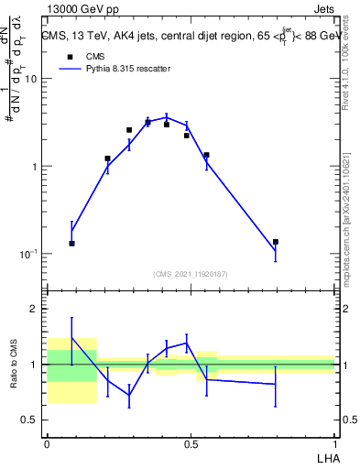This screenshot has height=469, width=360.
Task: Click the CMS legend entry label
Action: [96, 55]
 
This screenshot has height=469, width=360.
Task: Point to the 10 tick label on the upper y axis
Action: [29, 79]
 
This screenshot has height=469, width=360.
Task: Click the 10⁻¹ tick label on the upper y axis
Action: [27, 254]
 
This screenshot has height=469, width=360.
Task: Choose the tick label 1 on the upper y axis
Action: [33, 167]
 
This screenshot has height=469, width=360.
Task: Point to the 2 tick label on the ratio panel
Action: [33, 309]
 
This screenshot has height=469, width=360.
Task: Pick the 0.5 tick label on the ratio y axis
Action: [28, 420]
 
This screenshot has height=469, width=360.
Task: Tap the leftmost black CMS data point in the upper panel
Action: [71, 244]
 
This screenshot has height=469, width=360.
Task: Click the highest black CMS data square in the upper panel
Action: [148, 122]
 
